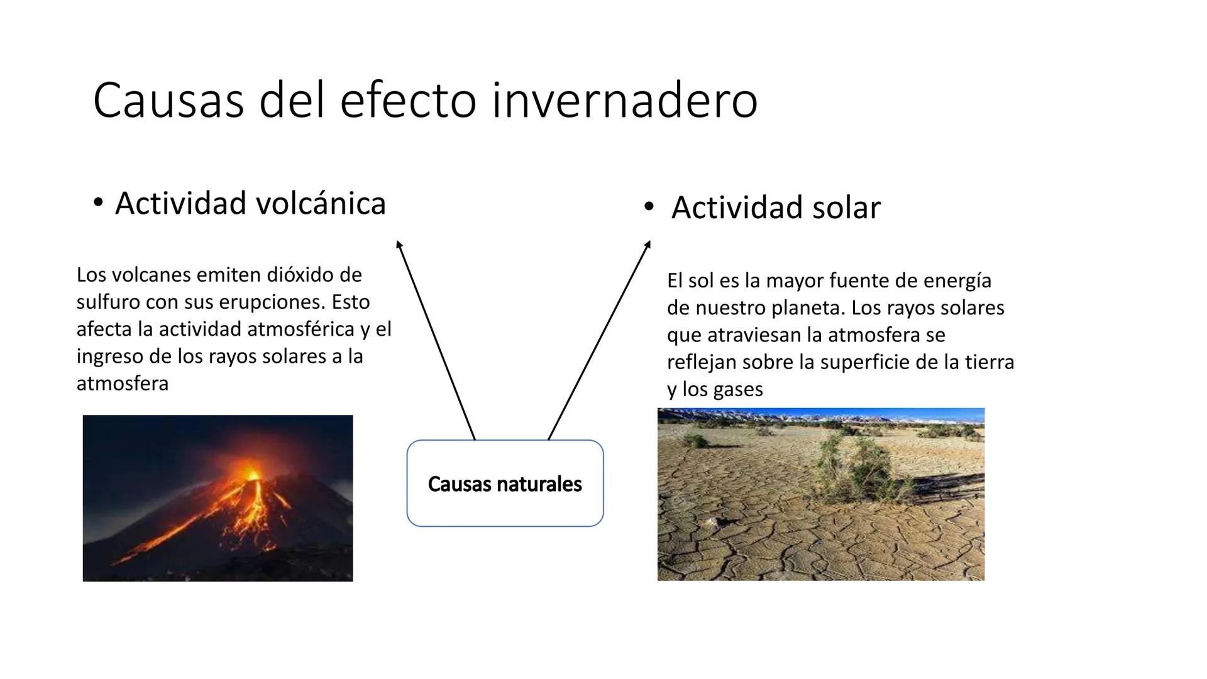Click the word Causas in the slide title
pos(168,101)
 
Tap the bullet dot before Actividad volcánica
pos(97,202)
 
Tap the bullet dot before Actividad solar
pos(649,206)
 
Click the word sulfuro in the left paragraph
pos(108,302)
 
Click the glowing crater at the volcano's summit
pos(251,473)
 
